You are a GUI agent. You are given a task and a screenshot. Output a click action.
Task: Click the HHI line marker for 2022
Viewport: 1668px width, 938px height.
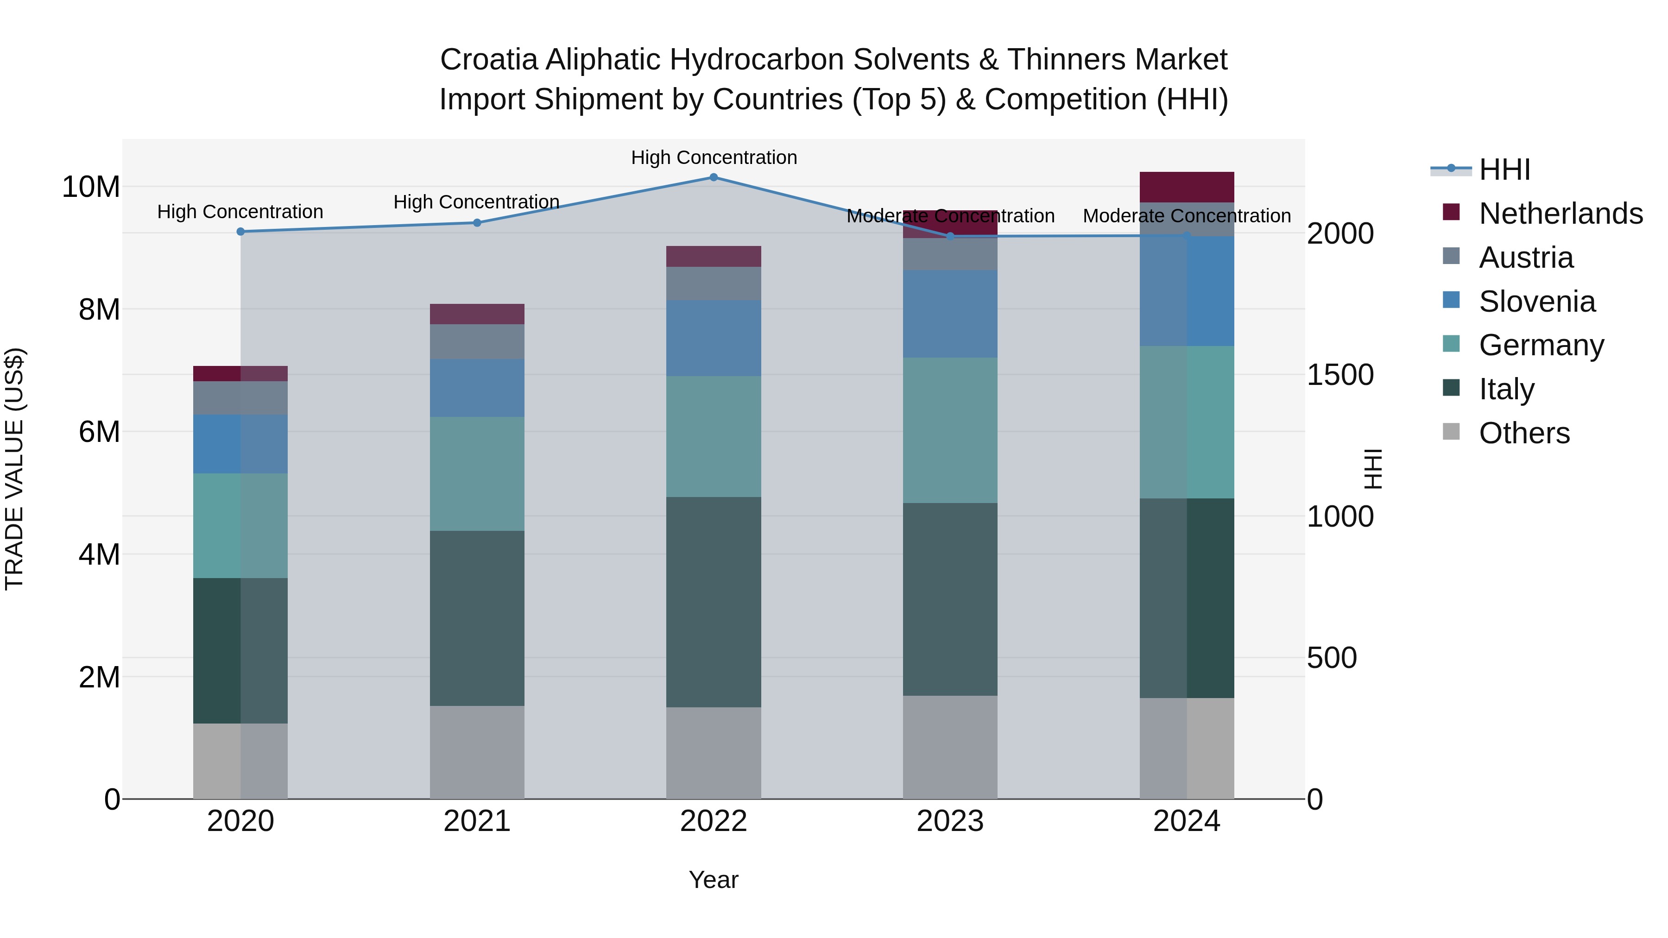(x=714, y=177)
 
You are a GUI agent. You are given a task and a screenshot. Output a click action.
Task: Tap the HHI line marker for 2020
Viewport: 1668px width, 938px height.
(x=240, y=232)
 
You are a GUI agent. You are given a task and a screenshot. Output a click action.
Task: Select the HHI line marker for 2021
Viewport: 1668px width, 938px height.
(x=477, y=223)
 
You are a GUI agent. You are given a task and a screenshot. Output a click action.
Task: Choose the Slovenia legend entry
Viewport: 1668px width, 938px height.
(x=1536, y=302)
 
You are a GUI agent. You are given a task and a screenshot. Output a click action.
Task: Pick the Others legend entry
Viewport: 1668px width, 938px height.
(x=1523, y=433)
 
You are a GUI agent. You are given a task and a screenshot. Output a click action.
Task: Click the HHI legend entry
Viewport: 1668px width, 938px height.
(x=1504, y=170)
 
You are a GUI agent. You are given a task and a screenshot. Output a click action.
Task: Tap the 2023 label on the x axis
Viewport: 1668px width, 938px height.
(x=950, y=821)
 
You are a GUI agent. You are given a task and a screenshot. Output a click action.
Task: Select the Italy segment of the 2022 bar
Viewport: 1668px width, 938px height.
(x=714, y=602)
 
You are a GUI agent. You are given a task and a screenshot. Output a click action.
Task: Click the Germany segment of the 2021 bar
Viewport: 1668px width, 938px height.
(x=477, y=474)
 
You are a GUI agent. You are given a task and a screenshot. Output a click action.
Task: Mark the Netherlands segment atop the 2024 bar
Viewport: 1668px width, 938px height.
(x=1187, y=187)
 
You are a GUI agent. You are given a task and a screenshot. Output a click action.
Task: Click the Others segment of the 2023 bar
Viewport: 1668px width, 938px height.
(x=950, y=747)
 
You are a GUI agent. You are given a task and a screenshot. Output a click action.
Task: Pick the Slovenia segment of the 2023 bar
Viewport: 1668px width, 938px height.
(x=950, y=314)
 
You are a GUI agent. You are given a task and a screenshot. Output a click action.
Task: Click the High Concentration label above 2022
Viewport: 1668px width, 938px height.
(x=714, y=157)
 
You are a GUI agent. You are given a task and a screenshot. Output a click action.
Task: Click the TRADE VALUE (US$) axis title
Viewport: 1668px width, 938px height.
(x=15, y=469)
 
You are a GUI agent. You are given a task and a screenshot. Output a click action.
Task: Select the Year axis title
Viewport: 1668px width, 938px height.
(x=714, y=880)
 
